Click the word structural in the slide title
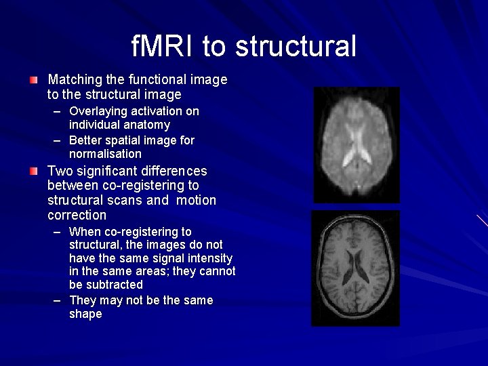[x=296, y=46]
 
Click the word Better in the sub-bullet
[x=85, y=140]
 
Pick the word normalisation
[x=105, y=154]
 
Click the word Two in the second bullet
[x=59, y=171]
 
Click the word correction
[x=77, y=215]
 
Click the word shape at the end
[x=85, y=314]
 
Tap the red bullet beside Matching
[x=34, y=80]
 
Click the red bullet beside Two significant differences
[x=34, y=171]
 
